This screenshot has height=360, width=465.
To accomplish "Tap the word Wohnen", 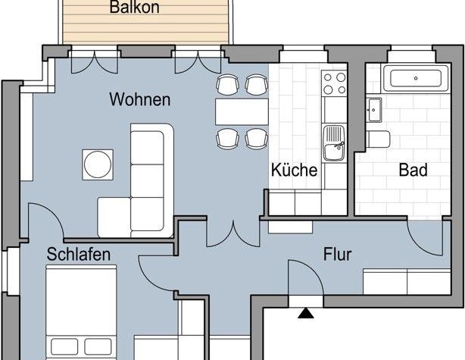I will pyautogui.click(x=139, y=99).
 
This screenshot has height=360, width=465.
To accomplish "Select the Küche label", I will pyautogui.click(x=294, y=170).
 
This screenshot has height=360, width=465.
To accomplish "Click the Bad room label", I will pyautogui.click(x=413, y=170).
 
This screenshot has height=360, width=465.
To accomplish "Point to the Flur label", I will pyautogui.click(x=337, y=255).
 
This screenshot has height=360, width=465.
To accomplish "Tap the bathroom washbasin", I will pyautogui.click(x=373, y=110).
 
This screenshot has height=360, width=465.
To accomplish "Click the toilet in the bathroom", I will pyautogui.click(x=379, y=139).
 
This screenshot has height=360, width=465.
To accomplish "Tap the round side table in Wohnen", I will pyautogui.click(x=98, y=164).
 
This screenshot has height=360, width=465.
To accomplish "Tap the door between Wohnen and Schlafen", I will pyautogui.click(x=45, y=224).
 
